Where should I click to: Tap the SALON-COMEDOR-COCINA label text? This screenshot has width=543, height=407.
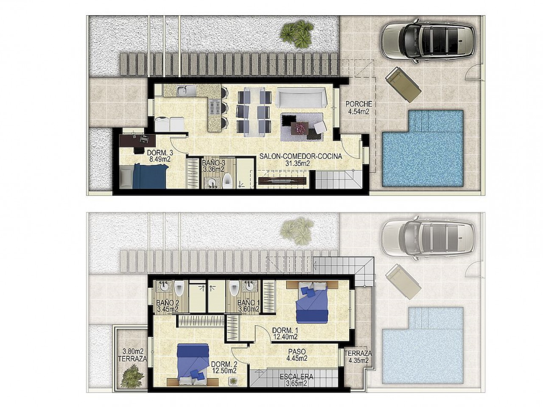tap(300, 156)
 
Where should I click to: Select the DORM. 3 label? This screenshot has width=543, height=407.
tap(160, 153)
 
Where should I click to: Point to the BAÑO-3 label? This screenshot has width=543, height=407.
tap(213, 163)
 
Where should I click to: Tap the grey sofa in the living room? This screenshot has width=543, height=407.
tap(301, 98)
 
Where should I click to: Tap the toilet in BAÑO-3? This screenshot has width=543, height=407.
tap(227, 182)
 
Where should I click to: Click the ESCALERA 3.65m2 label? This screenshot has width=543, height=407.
tap(296, 380)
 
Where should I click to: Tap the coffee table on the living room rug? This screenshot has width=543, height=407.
tap(299, 128)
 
